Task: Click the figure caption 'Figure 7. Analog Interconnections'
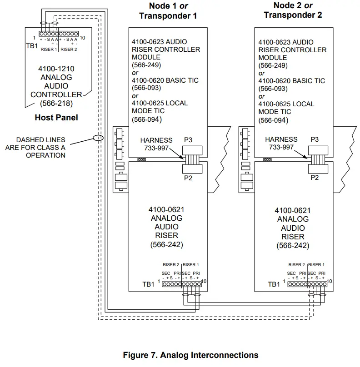pyautogui.click(x=190, y=355)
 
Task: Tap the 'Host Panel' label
pyautogui.click(x=56, y=118)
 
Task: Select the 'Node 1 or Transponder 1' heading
pyautogui.click(x=168, y=11)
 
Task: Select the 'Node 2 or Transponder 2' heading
pyautogui.click(x=293, y=10)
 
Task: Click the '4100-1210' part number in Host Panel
pyautogui.click(x=56, y=69)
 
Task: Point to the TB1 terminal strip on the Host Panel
pyautogui.click(x=59, y=34)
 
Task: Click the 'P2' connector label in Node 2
pyautogui.click(x=314, y=178)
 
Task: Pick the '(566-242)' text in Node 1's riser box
pyautogui.click(x=166, y=244)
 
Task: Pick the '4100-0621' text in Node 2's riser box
pyautogui.click(x=293, y=210)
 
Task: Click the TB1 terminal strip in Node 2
pyautogui.click(x=307, y=284)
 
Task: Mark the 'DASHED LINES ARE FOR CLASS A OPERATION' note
pyautogui.click(x=36, y=147)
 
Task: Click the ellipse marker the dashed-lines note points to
pyautogui.click(x=98, y=137)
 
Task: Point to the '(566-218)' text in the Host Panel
pyautogui.click(x=56, y=103)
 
